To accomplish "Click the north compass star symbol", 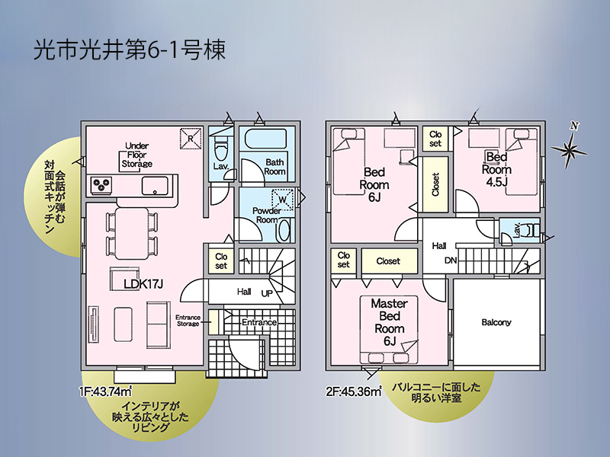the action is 570,148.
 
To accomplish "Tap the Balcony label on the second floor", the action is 496,322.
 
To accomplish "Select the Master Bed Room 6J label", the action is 390,322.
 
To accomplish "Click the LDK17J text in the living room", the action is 143,284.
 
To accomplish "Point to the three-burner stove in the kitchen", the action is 102,184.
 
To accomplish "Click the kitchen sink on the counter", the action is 155,186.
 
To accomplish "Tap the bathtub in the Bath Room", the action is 265,139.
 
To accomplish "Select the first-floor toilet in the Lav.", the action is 221,149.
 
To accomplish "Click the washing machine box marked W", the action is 283,200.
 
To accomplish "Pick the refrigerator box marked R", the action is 191,139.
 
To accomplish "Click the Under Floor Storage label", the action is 136,155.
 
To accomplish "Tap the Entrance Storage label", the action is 188,321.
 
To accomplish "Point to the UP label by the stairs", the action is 267,293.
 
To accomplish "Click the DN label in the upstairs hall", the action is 451,260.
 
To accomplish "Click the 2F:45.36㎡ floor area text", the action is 354,391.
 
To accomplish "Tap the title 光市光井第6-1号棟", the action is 130,50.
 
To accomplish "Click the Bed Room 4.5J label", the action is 496,169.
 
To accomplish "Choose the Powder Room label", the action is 266,216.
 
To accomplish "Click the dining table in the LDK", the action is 132,233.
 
